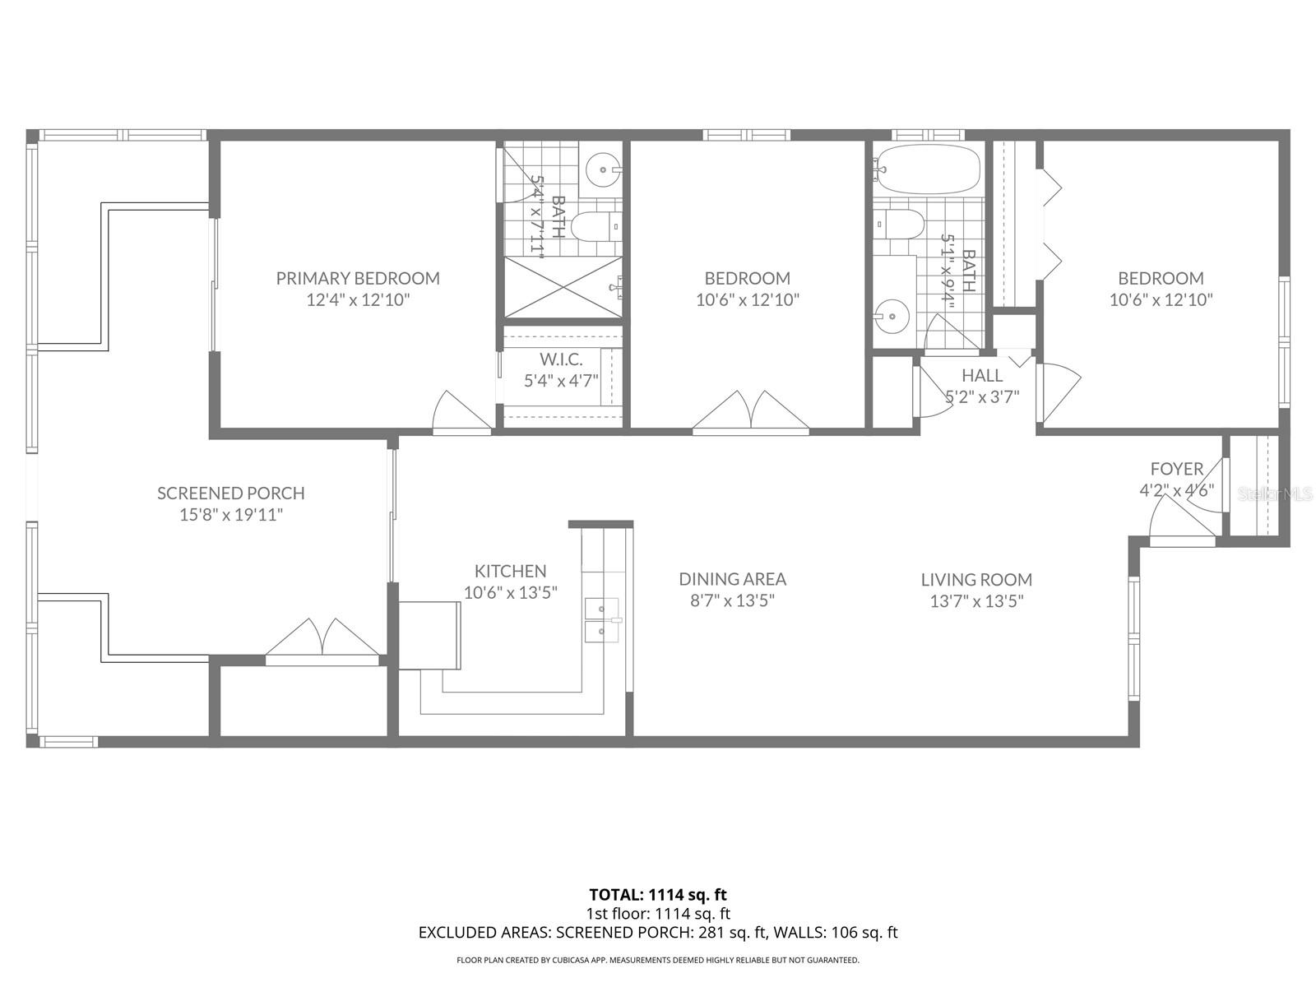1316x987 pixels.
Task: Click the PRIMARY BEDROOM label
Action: point(358,278)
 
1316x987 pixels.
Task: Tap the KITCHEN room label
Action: point(510,571)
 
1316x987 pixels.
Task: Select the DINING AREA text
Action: point(732,579)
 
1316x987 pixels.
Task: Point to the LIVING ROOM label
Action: point(976,580)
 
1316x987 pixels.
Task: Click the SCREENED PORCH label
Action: point(231,493)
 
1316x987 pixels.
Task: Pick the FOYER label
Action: point(1176,469)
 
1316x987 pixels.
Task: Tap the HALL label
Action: point(982,375)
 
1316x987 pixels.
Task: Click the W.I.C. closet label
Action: point(561,359)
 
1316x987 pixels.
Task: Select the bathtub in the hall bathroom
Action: point(927,169)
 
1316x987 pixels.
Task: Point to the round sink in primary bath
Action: point(604,170)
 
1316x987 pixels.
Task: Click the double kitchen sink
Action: point(603,619)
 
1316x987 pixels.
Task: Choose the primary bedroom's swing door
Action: point(461,413)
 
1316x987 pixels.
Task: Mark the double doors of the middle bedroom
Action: point(750,413)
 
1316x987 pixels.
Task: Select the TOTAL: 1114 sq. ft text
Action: point(658,894)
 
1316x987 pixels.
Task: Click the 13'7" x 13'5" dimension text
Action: point(976,601)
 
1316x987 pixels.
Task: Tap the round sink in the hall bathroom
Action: point(891,313)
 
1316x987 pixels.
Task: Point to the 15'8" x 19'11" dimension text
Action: point(231,515)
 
